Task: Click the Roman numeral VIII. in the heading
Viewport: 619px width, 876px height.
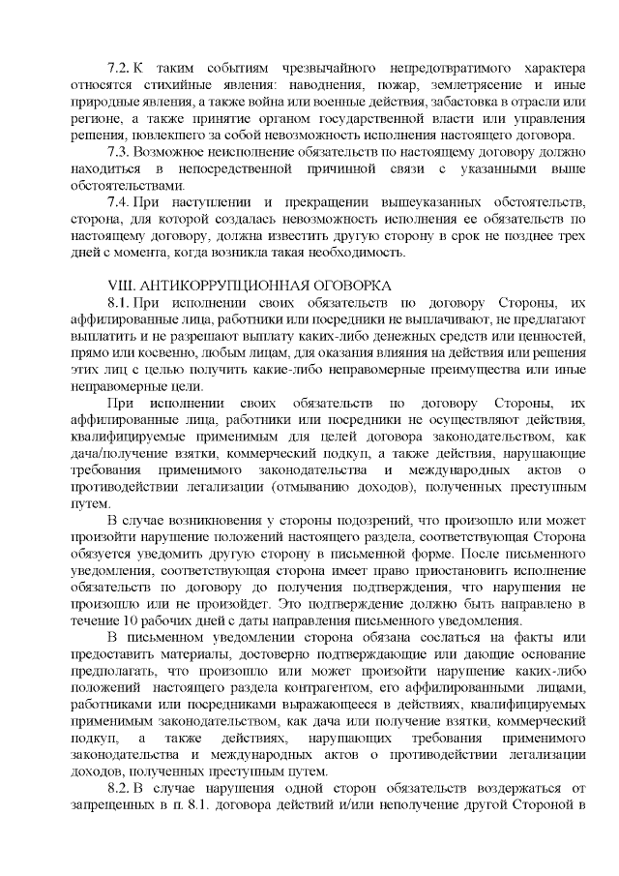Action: pos(123,286)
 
